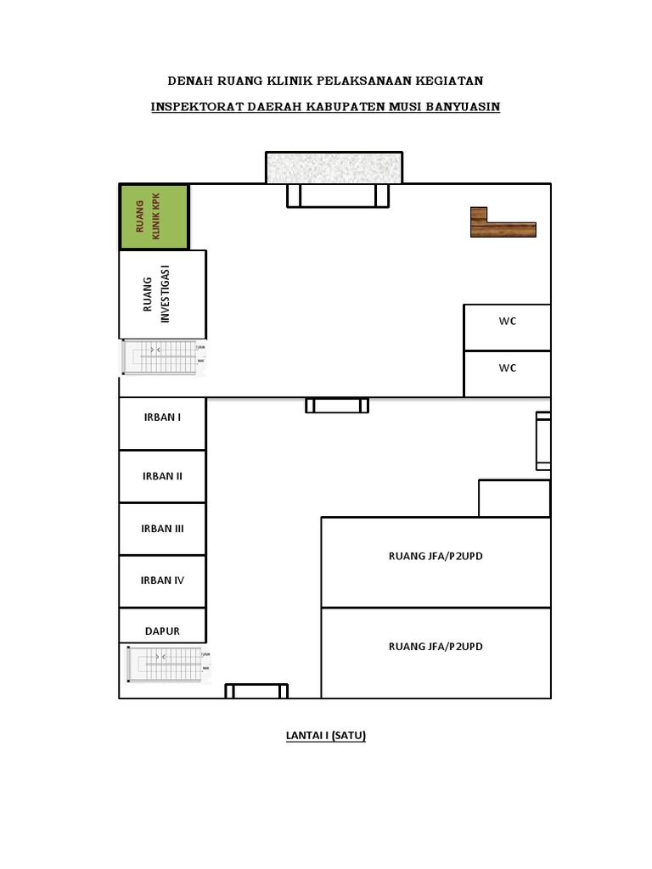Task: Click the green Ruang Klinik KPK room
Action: pyautogui.click(x=154, y=216)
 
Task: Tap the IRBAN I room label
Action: pyautogui.click(x=161, y=417)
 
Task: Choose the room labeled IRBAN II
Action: pyautogui.click(x=161, y=476)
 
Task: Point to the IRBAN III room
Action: pyautogui.click(x=161, y=529)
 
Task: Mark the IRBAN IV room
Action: pyautogui.click(x=161, y=581)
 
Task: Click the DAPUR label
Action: pyautogui.click(x=161, y=632)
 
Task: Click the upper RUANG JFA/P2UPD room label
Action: pyautogui.click(x=436, y=557)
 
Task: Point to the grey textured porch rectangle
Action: pyautogui.click(x=334, y=167)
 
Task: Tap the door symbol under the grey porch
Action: pyautogui.click(x=337, y=196)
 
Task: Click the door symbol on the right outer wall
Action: pyautogui.click(x=542, y=440)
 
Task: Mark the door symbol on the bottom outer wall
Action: pyautogui.click(x=256, y=691)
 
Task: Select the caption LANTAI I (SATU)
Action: pyautogui.click(x=325, y=736)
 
